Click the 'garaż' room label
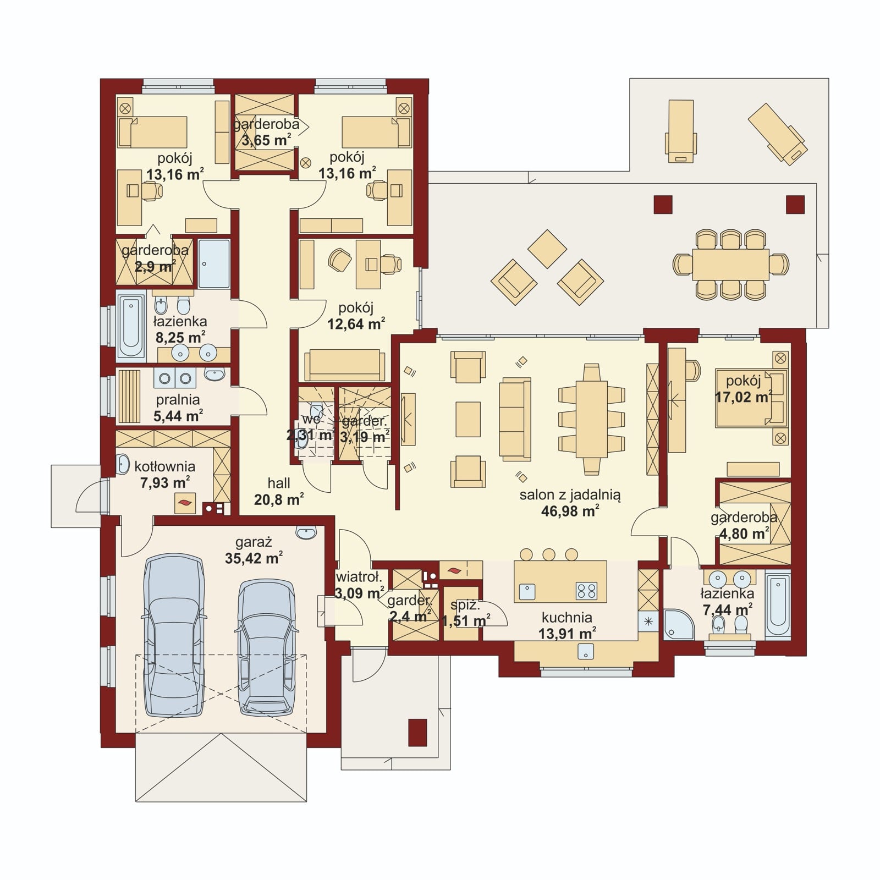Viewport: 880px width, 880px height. pos(254,542)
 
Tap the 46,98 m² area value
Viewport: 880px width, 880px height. pos(570,511)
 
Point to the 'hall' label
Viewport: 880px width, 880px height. pos(279,483)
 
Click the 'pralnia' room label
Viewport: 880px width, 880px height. pos(178,400)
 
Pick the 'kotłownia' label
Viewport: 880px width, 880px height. pos(165,467)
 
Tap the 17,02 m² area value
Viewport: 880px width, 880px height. pos(744,397)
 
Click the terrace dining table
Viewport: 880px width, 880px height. pos(730,265)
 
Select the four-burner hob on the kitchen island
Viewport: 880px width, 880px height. pos(587,591)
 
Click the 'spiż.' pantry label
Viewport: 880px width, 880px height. pos(465,606)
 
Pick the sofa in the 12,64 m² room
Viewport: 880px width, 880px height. pos(345,364)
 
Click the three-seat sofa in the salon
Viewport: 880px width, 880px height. pos(515,419)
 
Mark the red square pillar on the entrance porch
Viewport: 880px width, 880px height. pos(417,732)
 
